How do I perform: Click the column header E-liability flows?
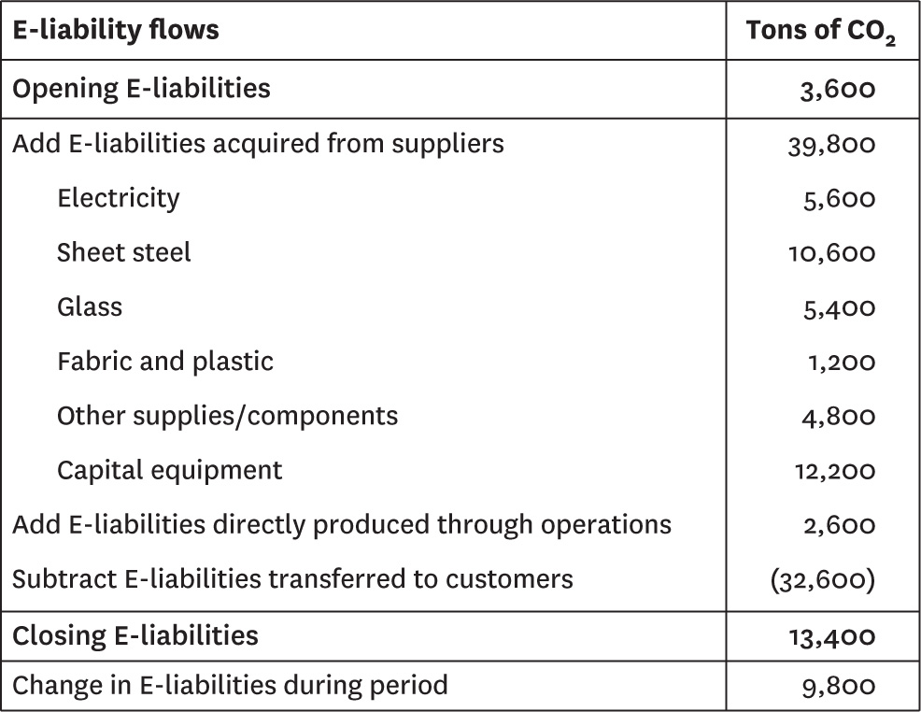tap(116, 30)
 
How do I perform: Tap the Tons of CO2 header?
tap(820, 32)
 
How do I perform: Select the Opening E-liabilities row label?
tap(141, 89)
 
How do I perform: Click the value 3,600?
tap(838, 90)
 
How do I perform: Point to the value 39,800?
tap(831, 145)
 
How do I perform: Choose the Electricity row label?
tap(118, 198)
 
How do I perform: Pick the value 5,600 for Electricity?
tap(840, 200)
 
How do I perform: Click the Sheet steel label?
tap(123, 252)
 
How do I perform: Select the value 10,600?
tap(831, 254)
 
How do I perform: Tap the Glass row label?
tap(90, 306)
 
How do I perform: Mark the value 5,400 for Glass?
tap(840, 308)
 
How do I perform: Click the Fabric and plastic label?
tap(165, 362)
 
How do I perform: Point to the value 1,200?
tap(842, 363)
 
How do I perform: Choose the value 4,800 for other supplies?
tap(839, 417)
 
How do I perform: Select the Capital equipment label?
tap(169, 471)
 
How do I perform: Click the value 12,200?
tap(835, 472)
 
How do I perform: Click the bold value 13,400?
tap(832, 637)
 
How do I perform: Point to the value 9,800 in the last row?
tap(839, 687)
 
